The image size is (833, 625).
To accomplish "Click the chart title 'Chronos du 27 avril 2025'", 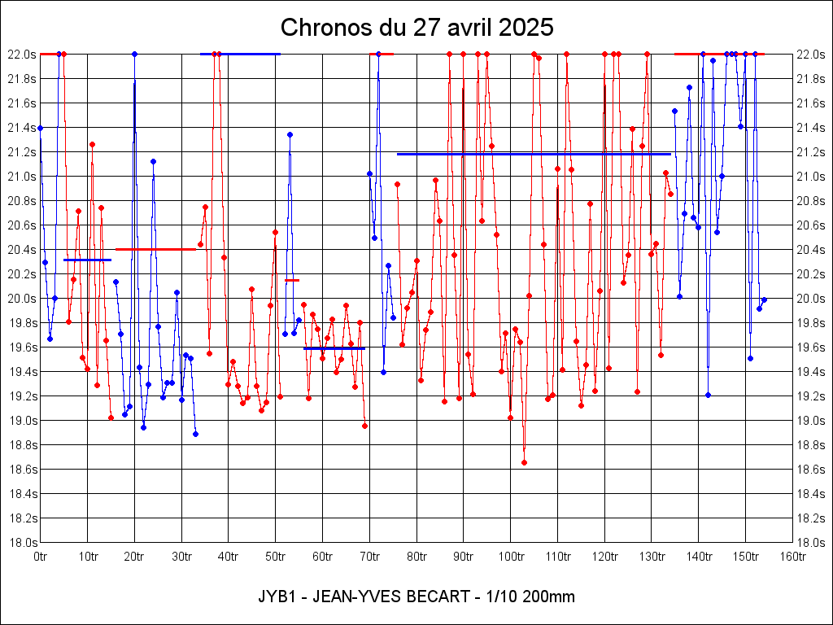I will pos(416,28).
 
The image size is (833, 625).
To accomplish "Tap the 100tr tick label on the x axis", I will pos(511,556).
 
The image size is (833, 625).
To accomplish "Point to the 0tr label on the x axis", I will pos(41,556).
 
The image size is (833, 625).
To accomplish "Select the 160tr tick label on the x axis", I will pos(793,556).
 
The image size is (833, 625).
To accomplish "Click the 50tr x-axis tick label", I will pos(276,556).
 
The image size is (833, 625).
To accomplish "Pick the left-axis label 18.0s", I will pos(21,543).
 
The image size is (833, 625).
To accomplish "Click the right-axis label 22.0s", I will pos(813,55).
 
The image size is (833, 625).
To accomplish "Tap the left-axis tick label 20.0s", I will pos(21,299).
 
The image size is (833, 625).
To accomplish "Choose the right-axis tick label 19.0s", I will pos(813,421).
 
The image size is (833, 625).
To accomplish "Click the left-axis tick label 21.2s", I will pos(21,152).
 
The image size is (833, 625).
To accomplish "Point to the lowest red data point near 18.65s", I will pos(524,462).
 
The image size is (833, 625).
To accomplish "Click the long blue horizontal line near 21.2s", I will pos(534,154).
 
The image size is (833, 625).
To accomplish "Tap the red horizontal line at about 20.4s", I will pos(155,249).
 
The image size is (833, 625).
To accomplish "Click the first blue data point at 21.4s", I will pos(40,128).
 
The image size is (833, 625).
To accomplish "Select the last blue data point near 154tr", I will pos(764,299).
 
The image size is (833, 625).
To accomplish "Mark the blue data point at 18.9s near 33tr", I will pos(195,434).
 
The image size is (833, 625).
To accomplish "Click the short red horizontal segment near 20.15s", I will pos(292,280).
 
